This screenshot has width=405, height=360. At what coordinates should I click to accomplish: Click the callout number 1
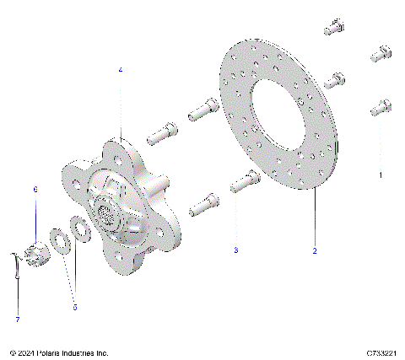click(381, 175)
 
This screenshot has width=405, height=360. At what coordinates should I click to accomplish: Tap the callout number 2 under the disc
click(314, 250)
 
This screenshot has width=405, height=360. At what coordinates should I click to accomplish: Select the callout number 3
click(236, 250)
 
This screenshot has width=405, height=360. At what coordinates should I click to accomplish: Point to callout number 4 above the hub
click(120, 71)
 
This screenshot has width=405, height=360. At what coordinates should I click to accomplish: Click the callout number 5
click(74, 307)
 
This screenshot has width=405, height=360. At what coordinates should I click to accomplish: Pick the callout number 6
click(35, 191)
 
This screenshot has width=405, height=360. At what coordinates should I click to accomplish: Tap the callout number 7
click(17, 320)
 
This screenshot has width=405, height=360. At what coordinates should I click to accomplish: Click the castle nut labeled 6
click(36, 250)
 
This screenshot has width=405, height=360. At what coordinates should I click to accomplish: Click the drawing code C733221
click(382, 352)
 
